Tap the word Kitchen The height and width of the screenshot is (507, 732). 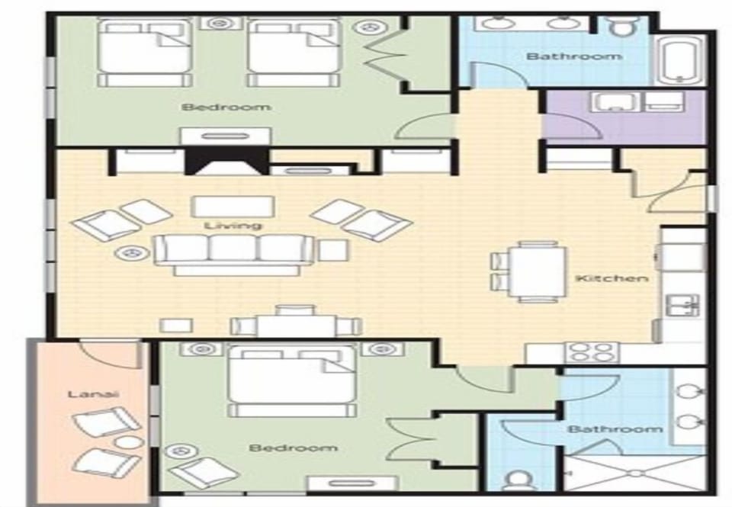click(x=612, y=278)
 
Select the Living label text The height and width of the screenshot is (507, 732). click(x=233, y=226)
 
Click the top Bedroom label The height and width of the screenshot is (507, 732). click(x=226, y=107)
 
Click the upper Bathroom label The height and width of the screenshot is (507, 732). click(x=563, y=56)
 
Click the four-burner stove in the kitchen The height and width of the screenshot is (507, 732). click(x=591, y=352)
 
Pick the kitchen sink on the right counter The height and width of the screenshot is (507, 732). click(x=682, y=305)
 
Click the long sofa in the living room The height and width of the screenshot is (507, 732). click(x=233, y=251)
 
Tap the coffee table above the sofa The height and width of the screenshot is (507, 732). click(x=233, y=206)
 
